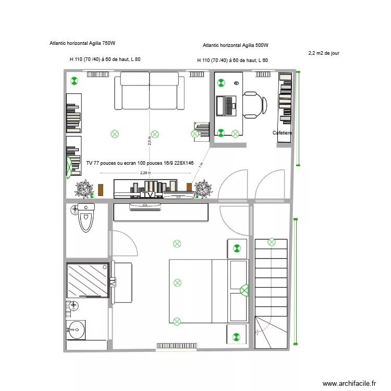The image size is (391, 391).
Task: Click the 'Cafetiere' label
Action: (283, 133)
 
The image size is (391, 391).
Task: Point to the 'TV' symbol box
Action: (149, 195)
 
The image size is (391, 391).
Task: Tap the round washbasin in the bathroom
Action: (77, 329)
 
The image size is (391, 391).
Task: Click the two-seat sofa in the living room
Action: (150, 91)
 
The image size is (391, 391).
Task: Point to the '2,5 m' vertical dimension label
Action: (150, 141)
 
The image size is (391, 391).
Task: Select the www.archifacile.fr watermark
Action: (349, 383)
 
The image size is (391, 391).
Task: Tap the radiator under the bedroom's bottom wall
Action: (177, 345)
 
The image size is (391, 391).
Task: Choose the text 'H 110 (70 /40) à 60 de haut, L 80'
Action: (105, 59)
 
